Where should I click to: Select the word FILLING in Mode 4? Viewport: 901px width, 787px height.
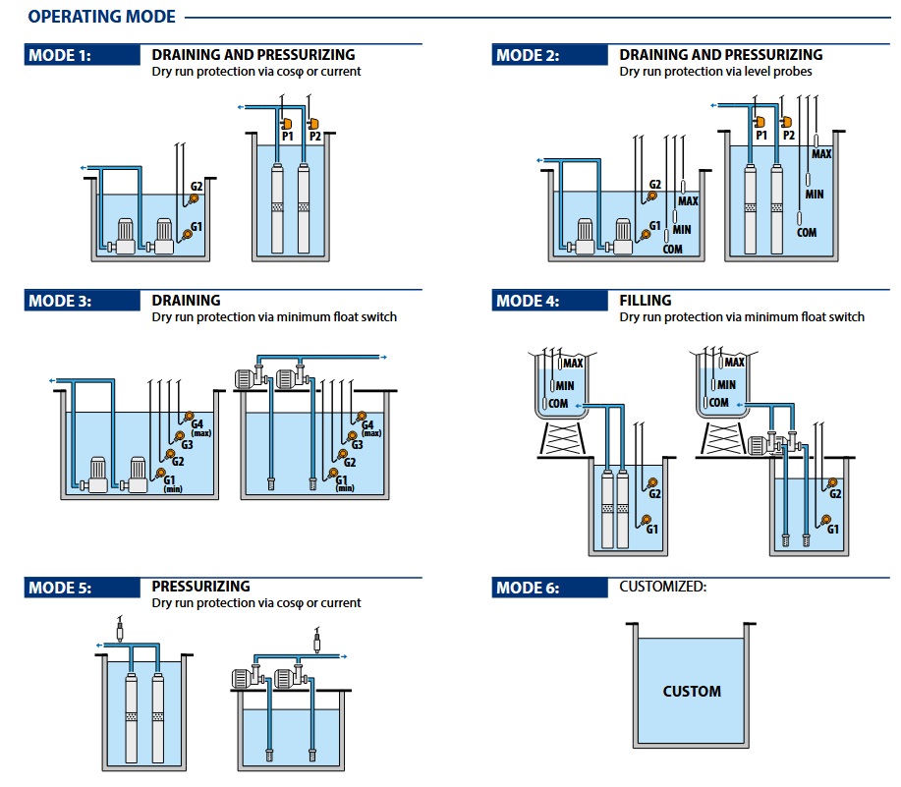coord(646,301)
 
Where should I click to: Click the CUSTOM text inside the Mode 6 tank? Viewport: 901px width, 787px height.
coord(692,691)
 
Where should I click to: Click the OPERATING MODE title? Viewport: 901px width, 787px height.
coord(102,17)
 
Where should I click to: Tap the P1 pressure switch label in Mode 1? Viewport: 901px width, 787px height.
coord(288,137)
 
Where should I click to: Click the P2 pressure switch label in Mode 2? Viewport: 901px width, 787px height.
coord(787,136)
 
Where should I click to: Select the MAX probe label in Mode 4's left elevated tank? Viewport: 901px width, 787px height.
coord(573,364)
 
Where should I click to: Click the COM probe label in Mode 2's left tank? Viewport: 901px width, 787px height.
coord(673,249)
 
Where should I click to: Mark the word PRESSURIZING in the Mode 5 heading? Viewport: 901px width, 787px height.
coord(201,587)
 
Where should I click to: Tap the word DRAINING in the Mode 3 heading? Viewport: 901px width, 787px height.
coord(186,301)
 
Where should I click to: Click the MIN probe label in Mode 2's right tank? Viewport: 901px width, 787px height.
coord(815,195)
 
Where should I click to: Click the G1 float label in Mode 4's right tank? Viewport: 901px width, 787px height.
coord(833,529)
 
